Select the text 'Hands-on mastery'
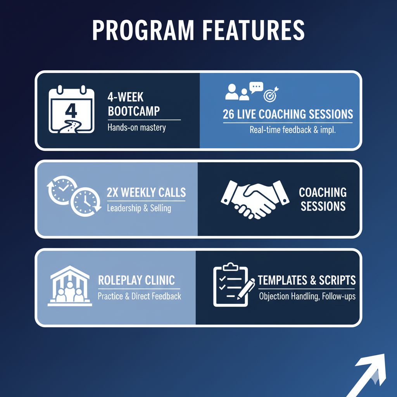pos(136,128)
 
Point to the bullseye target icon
pos(270,94)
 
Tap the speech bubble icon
pos(256,87)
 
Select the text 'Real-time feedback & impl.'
pos(293,130)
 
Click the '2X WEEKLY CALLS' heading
pos(146,192)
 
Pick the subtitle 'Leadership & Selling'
pos(139,208)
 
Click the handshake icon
pos(255,198)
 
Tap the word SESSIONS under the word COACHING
pos(323,206)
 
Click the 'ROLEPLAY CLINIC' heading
pos(136,280)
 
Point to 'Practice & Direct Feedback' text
pos(139,297)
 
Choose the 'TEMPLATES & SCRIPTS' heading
pos(307,280)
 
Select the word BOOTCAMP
pos(134,112)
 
